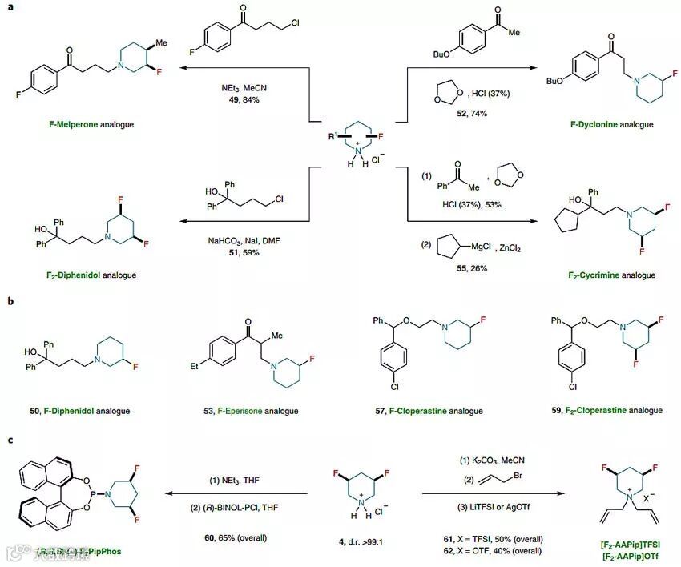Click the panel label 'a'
8,7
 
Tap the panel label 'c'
8,439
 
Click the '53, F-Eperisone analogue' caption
250,411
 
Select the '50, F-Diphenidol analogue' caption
79,411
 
